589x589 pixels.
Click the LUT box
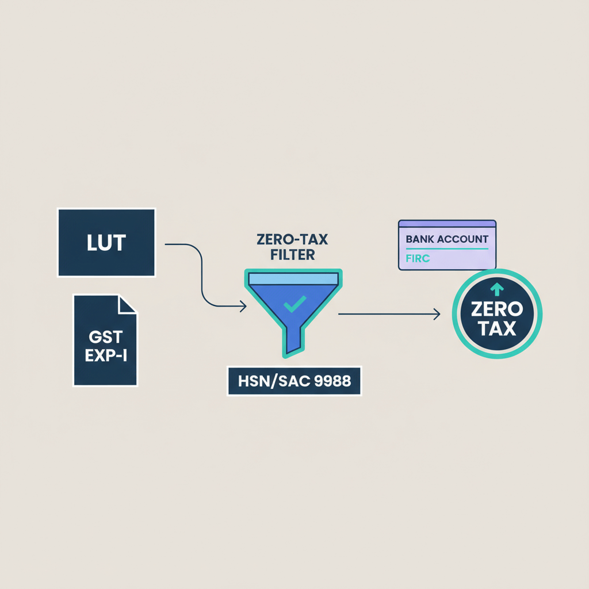click(106, 242)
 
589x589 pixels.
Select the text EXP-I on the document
click(105, 356)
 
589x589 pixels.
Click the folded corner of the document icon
click(128, 304)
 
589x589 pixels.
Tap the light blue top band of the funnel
click(293, 279)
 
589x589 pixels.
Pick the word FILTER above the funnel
click(293, 254)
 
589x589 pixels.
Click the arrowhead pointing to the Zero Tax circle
click(437, 314)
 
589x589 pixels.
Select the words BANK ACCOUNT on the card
click(447, 239)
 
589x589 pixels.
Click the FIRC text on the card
click(417, 258)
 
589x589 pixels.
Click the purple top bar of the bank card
click(447, 223)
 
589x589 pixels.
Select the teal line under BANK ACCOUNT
click(447, 248)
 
